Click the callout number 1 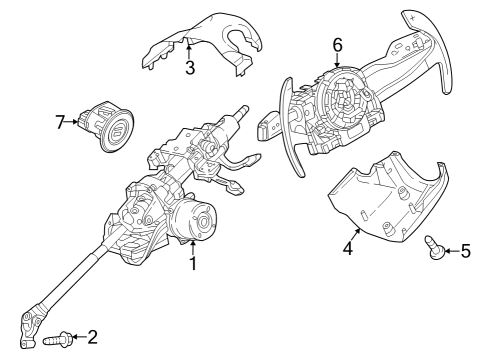tap(193, 265)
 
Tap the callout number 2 tap(92, 338)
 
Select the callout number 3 tap(189, 67)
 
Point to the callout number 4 tap(348, 247)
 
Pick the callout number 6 tap(337, 44)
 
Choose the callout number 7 tap(60, 122)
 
